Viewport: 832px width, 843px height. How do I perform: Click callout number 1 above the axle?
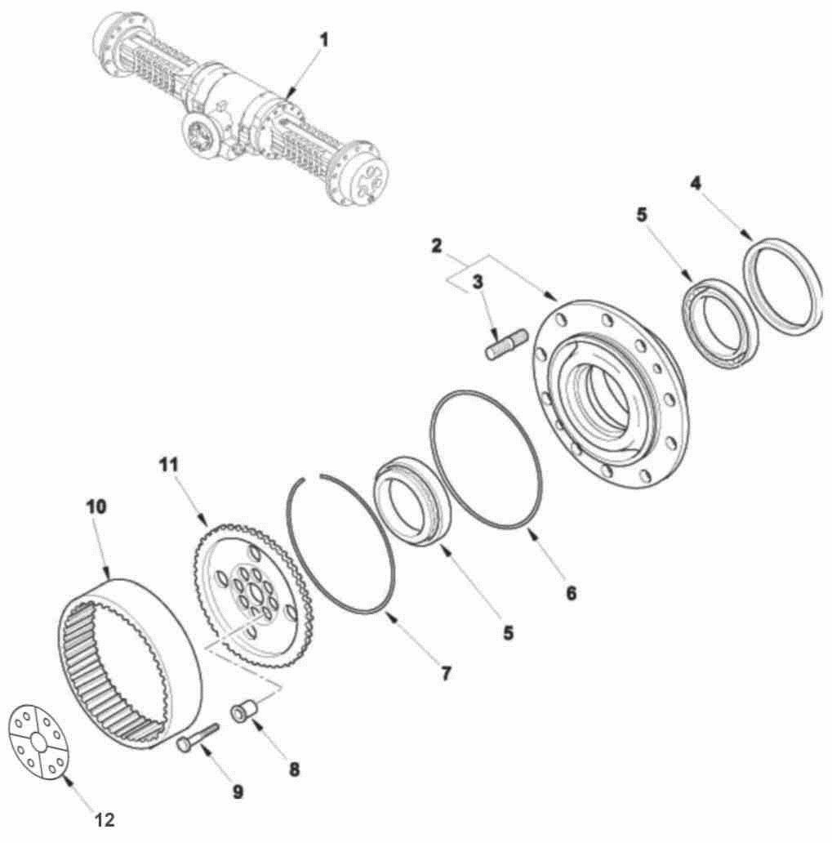(323, 40)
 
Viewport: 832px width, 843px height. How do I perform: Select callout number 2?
(437, 246)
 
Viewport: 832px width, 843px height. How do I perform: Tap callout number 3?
(478, 282)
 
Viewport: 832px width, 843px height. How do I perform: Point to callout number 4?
(696, 184)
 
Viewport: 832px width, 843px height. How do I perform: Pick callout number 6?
(571, 593)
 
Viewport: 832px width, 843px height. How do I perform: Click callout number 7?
(446, 674)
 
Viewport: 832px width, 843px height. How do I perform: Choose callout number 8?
(294, 769)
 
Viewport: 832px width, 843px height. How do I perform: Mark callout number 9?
(238, 792)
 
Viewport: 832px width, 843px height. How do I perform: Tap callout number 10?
(96, 506)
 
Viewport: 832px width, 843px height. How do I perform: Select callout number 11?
(168, 465)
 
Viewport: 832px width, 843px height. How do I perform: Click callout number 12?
(105, 820)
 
